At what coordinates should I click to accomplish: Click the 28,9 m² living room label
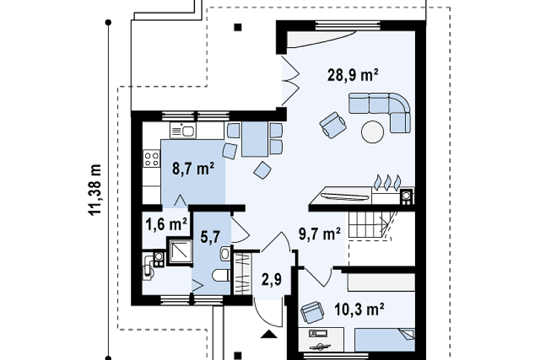(x=353, y=75)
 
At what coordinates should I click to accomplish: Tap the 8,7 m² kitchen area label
(x=193, y=169)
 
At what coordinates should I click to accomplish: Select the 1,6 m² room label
(x=166, y=225)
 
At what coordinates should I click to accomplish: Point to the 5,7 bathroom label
(x=210, y=237)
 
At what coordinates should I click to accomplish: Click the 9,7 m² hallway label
(x=320, y=234)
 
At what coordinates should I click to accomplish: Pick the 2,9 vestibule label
(x=272, y=279)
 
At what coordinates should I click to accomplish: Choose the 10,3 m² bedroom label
(x=359, y=309)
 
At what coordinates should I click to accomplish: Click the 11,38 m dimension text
(x=96, y=190)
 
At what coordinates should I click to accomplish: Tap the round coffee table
(x=372, y=132)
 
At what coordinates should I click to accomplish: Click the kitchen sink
(x=183, y=130)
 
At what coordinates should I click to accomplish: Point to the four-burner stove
(x=152, y=158)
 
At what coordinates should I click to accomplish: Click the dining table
(x=255, y=139)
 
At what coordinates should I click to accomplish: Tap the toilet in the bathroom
(x=221, y=276)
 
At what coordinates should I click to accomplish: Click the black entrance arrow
(x=269, y=334)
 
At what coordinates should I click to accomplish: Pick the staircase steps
(x=370, y=224)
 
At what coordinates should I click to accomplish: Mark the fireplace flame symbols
(x=387, y=182)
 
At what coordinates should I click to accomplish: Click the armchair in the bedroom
(x=312, y=312)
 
